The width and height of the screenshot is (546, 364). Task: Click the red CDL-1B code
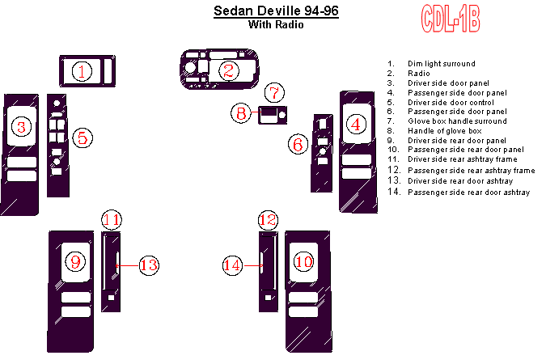tap(451, 19)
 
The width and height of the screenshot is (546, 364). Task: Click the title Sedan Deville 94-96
tap(276, 11)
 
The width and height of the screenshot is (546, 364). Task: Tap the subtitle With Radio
tap(276, 25)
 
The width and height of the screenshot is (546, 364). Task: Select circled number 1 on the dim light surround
tap(82, 71)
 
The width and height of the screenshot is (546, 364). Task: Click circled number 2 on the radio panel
tap(229, 70)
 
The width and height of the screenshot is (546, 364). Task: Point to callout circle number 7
tap(274, 93)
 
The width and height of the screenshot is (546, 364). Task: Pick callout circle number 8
tap(241, 113)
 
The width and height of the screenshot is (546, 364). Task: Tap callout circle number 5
tap(83, 138)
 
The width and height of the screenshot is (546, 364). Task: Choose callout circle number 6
tap(298, 144)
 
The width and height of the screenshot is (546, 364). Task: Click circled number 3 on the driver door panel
tap(22, 126)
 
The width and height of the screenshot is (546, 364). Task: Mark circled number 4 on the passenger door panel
tap(356, 124)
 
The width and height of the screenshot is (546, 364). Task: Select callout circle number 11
tap(112, 220)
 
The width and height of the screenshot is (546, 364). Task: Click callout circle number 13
tap(149, 265)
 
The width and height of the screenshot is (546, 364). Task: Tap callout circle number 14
tap(232, 265)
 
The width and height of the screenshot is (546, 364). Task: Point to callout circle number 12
tap(268, 220)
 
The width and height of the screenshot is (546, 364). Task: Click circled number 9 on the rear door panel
tap(75, 261)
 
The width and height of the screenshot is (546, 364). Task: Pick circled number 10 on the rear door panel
tap(303, 261)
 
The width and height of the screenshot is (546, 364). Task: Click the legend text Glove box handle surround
tap(457, 121)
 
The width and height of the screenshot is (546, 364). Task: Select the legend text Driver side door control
tap(451, 103)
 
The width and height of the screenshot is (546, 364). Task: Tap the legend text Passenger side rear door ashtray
tap(468, 193)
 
